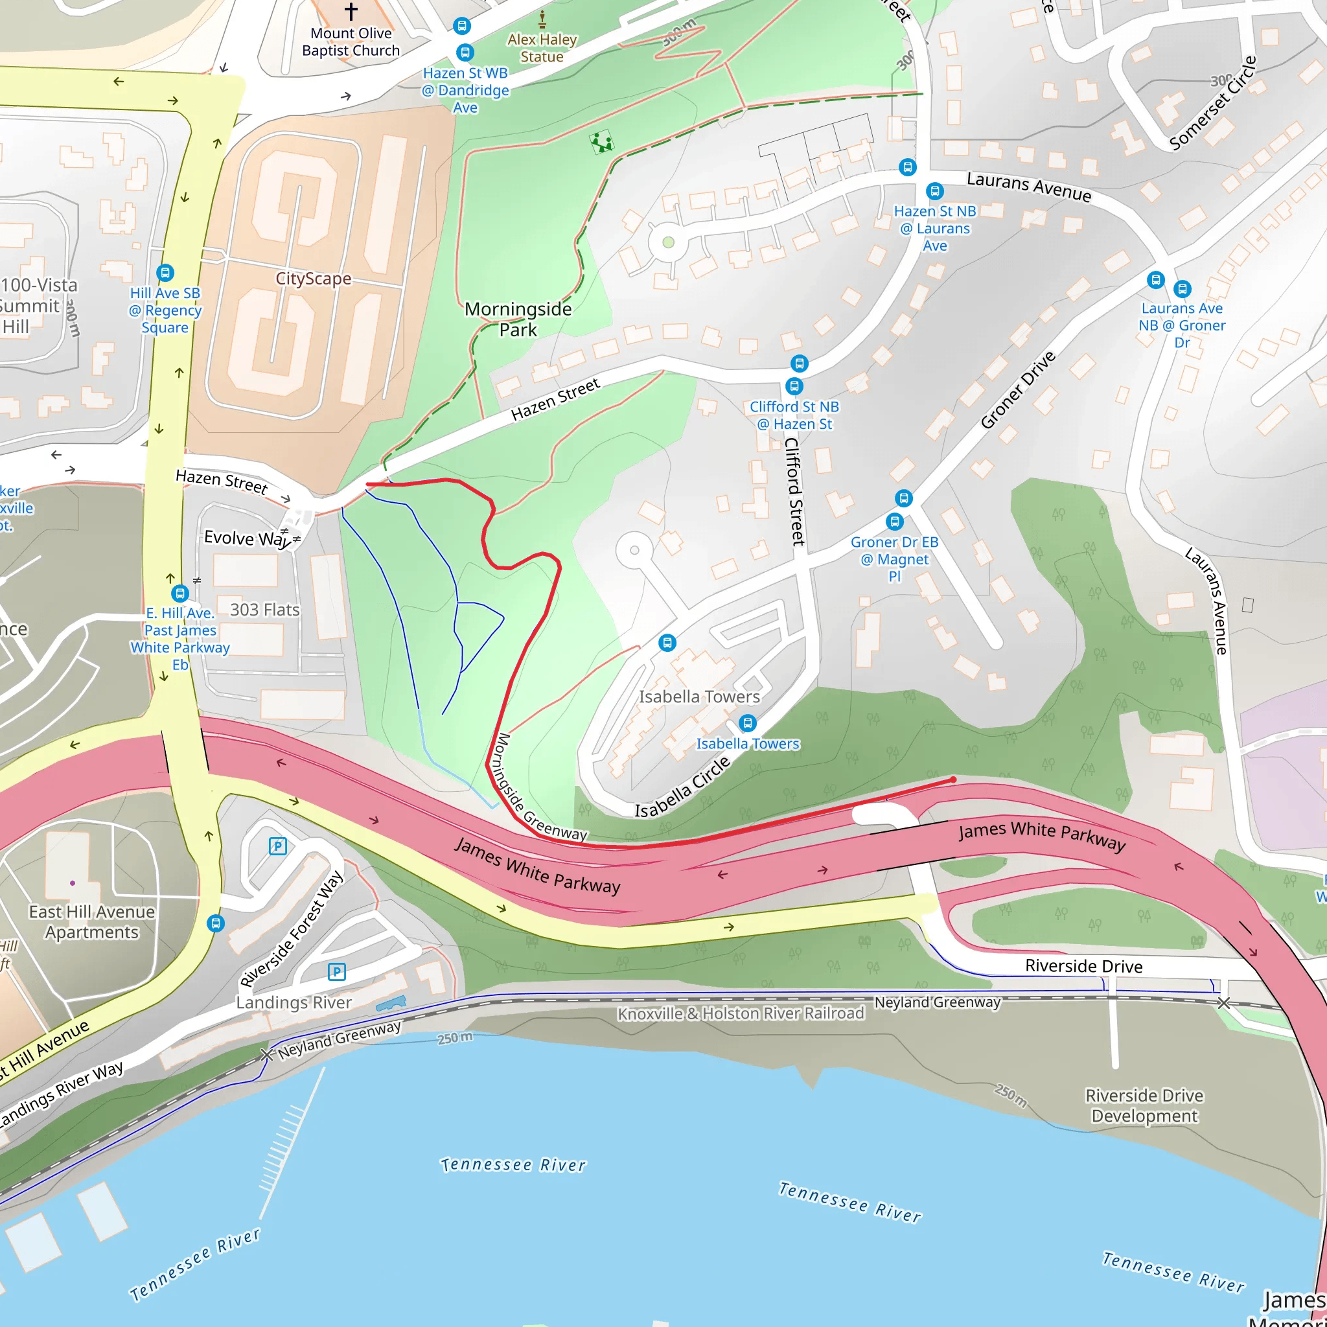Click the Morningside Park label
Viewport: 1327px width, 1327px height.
coord(518,319)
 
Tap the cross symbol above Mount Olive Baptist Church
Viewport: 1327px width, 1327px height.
coord(351,11)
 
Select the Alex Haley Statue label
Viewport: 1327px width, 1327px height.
coord(542,48)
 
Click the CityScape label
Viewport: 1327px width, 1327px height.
coord(313,278)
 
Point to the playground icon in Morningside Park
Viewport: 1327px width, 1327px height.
coord(601,142)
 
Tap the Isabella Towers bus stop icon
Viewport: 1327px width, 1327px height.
coord(747,723)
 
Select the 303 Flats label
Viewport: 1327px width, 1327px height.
coord(264,610)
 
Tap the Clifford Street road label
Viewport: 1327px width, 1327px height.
coord(794,492)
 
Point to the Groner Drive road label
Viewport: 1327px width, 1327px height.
coord(1017,390)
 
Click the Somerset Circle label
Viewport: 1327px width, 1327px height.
coord(1213,103)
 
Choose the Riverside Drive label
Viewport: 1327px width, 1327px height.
coord(1084,966)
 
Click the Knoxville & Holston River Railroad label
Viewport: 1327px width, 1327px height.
coord(741,1014)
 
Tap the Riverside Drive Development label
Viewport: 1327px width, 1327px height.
coord(1144,1105)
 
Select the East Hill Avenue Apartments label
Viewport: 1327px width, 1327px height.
coord(91,922)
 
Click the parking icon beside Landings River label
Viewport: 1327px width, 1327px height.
coord(336,971)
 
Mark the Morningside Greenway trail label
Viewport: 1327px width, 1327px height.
coord(541,787)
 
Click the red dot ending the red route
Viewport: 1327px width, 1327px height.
coord(953,779)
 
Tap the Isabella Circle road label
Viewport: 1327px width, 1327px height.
coord(682,788)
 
